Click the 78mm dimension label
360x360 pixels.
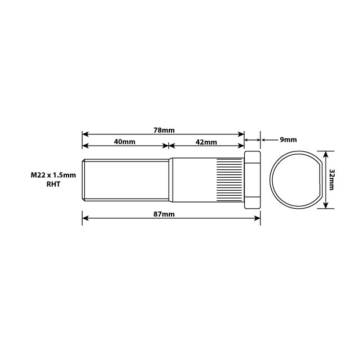[164, 130]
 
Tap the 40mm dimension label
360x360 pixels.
[124, 142]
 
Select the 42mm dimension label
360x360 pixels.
[206, 142]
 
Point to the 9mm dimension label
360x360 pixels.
[287, 139]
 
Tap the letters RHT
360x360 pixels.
[54, 184]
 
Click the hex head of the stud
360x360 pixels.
[252, 179]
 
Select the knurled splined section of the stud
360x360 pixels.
[230, 179]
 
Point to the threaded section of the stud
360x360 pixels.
[127, 179]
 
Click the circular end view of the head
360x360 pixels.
[295, 179]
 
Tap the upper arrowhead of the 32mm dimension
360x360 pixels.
[326, 152]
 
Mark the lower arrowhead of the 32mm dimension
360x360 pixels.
[326, 206]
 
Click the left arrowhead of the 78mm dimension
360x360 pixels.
[85, 134]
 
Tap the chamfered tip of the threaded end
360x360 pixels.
[84, 179]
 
